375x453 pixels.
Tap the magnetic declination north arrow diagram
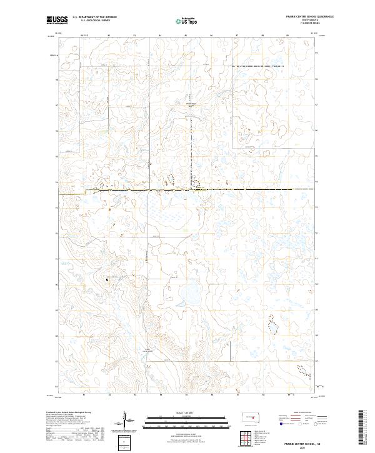[x=124, y=419]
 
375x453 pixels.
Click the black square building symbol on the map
[x=107, y=279]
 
